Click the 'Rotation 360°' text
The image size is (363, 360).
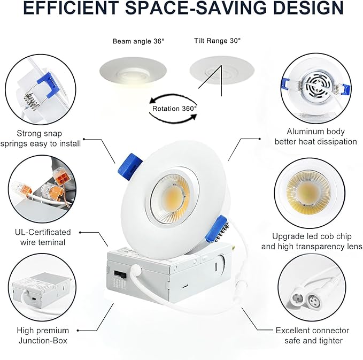tap(174, 108)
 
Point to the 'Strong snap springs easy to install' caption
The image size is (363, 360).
tap(41, 139)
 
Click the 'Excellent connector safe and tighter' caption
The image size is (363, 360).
tap(312, 335)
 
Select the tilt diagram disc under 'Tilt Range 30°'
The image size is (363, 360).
tap(222, 70)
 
